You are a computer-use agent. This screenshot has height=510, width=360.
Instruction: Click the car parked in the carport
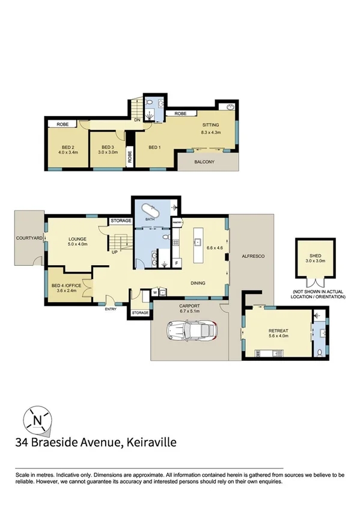tap(191, 331)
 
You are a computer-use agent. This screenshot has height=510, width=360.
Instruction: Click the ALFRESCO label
tap(252, 257)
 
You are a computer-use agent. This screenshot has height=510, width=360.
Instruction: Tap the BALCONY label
tap(204, 162)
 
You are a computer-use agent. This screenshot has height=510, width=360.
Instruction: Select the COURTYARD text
tap(29, 239)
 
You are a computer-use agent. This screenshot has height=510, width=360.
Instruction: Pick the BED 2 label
tap(67, 147)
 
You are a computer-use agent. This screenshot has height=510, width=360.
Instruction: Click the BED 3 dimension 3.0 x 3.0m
tap(107, 152)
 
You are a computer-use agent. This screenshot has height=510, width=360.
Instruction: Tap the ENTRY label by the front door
tap(111, 309)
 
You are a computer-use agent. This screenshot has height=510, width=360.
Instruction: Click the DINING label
tap(198, 283)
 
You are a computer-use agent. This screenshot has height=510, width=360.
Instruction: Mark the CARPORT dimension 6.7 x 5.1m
tap(189, 312)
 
